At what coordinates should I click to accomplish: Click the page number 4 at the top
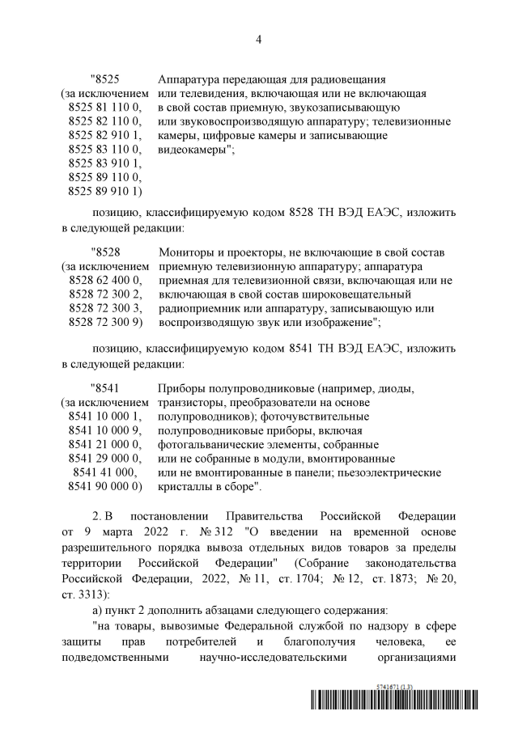coord(258,38)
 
